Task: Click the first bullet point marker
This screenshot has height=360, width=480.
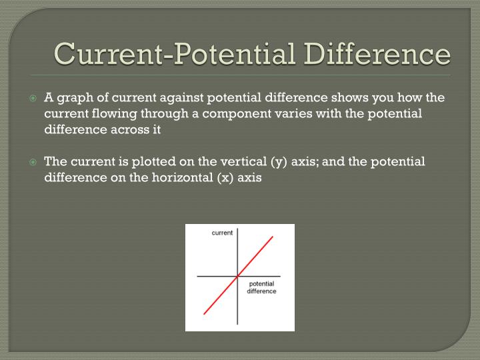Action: (x=35, y=98)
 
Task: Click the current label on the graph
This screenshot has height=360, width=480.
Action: (x=222, y=233)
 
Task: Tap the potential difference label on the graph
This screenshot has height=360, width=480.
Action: (x=261, y=288)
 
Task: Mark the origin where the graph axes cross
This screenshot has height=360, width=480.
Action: (x=237, y=276)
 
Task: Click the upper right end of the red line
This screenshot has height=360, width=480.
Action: (x=272, y=237)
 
